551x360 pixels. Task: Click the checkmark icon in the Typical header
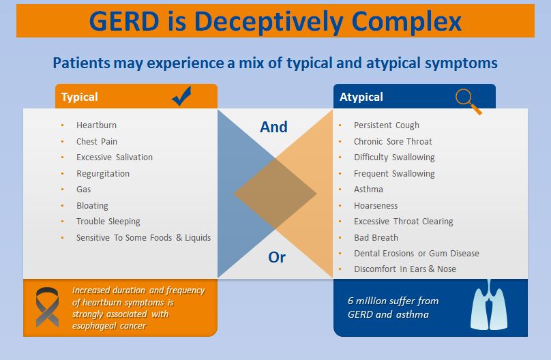point(181,96)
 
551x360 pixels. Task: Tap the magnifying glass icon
point(468,102)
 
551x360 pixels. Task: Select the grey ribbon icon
point(47,307)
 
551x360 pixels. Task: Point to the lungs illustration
point(489,305)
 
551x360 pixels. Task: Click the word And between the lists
point(273,127)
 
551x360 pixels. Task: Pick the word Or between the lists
point(277,258)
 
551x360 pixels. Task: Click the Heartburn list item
point(96,125)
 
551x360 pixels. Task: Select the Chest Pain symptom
point(97,142)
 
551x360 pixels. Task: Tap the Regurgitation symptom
point(103,174)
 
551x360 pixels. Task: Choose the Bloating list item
point(92,206)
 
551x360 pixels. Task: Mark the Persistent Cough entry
point(387,125)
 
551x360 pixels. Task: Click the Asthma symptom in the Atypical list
point(368,190)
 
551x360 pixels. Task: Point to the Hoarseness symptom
point(376,205)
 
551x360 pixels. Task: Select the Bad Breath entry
point(376,238)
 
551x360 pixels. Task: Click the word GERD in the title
point(124,21)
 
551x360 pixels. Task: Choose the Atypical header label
point(361,97)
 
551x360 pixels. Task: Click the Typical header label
point(79,97)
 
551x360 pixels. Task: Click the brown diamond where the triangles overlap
point(275,194)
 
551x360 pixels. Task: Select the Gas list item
point(84,190)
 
